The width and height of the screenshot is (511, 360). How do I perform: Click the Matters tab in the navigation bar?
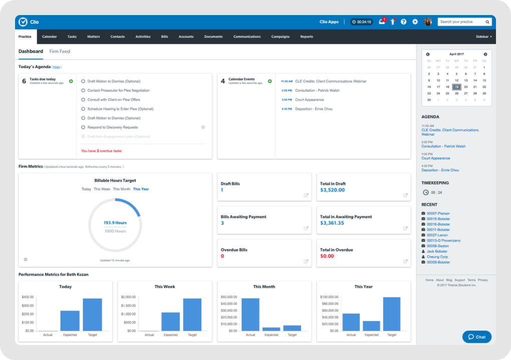(x=93, y=37)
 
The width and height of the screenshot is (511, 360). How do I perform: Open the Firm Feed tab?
(x=60, y=51)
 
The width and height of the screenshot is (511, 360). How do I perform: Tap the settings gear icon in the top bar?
(x=415, y=22)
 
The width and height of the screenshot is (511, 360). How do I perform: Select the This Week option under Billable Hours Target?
(x=102, y=189)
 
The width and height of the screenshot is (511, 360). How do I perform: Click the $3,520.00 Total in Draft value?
(x=333, y=190)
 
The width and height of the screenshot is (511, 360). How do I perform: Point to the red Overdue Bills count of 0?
(x=222, y=256)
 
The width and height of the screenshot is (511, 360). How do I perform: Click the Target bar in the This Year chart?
(x=392, y=314)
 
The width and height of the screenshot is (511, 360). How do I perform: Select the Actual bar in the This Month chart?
(x=250, y=314)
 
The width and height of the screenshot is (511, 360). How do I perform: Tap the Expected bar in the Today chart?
(x=70, y=320)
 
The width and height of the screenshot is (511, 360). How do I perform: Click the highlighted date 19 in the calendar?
(x=456, y=87)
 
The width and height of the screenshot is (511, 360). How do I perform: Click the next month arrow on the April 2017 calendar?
(x=485, y=54)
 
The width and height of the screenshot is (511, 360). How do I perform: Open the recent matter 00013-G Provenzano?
(x=443, y=241)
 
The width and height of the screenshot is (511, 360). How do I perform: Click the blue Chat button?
(x=476, y=337)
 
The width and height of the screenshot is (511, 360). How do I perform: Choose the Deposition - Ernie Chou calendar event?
(x=314, y=109)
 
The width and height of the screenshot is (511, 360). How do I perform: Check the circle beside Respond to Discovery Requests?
(x=83, y=127)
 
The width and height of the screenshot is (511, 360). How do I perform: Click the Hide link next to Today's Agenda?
(x=57, y=67)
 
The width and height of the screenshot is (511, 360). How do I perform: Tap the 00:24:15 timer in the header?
(x=361, y=22)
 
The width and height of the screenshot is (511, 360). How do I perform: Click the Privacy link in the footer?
(x=482, y=280)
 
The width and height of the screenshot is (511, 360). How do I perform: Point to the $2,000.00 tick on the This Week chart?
(x=129, y=296)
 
